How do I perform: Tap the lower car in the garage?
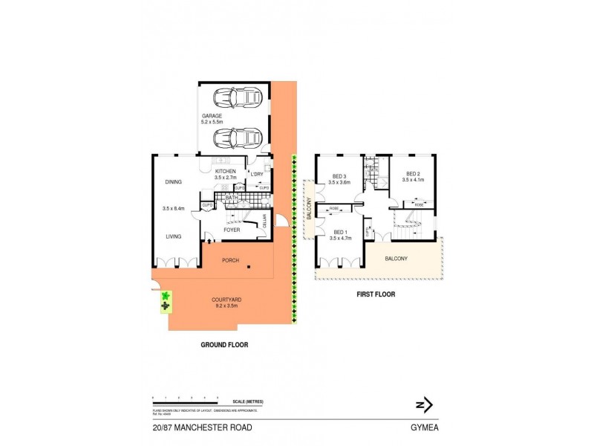pyautogui.click(x=237, y=138)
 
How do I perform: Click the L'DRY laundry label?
pyautogui.click(x=258, y=174)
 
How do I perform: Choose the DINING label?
pyautogui.click(x=174, y=182)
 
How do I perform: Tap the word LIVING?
pyautogui.click(x=174, y=236)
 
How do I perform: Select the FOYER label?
pyautogui.click(x=232, y=230)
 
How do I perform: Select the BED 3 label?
pyautogui.click(x=340, y=178)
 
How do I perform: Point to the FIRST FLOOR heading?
pyautogui.click(x=375, y=294)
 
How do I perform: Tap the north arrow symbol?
pyautogui.click(x=423, y=405)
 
